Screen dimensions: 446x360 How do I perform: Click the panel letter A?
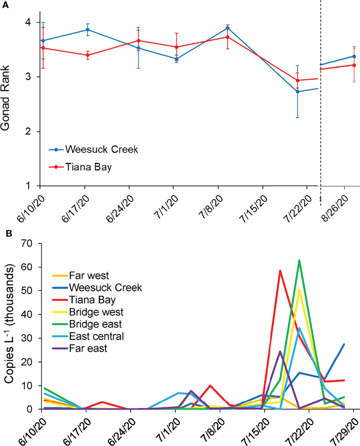click(x=5, y=5)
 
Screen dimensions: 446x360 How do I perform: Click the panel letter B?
click(x=9, y=233)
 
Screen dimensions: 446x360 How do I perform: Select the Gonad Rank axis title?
click(x=5, y=98)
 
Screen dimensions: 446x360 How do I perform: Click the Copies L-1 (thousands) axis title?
click(x=9, y=324)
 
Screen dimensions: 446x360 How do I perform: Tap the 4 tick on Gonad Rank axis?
click(x=28, y=22)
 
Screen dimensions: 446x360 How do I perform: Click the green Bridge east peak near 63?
click(x=299, y=260)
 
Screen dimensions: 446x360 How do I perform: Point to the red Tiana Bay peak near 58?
click(x=280, y=271)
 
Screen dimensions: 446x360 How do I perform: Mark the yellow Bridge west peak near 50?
click(x=299, y=290)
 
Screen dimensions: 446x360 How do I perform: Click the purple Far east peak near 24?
click(x=280, y=352)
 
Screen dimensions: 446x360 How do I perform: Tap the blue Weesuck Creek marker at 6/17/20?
click(x=88, y=30)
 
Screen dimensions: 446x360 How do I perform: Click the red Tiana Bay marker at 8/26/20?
click(x=354, y=65)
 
